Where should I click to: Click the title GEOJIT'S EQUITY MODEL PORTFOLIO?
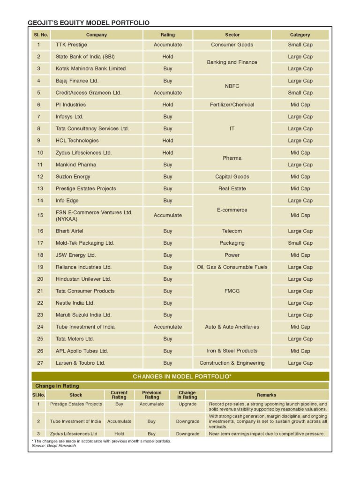click(x=89, y=22)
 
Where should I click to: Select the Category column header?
click(x=300, y=35)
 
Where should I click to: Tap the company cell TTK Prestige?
click(x=70, y=45)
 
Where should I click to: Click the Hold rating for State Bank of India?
click(x=168, y=57)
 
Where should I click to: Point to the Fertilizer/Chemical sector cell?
click(x=232, y=105)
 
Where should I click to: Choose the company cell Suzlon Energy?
click(x=73, y=177)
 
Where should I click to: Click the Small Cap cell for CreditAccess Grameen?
click(x=300, y=93)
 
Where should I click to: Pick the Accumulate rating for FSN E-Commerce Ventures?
click(x=168, y=216)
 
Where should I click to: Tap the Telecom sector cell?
click(x=232, y=231)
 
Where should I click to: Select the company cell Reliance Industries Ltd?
click(x=83, y=267)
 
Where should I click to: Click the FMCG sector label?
click(x=232, y=291)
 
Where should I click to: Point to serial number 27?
click(x=39, y=363)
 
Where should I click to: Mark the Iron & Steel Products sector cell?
click(x=232, y=351)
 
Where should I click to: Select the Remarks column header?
click(x=267, y=395)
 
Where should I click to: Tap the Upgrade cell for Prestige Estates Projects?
click(x=187, y=404)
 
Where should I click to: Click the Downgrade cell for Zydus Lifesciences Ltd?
click(x=187, y=434)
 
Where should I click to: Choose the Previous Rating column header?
click(x=151, y=395)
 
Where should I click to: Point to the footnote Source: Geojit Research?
click(x=51, y=446)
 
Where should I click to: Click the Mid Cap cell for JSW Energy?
click(x=300, y=255)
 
